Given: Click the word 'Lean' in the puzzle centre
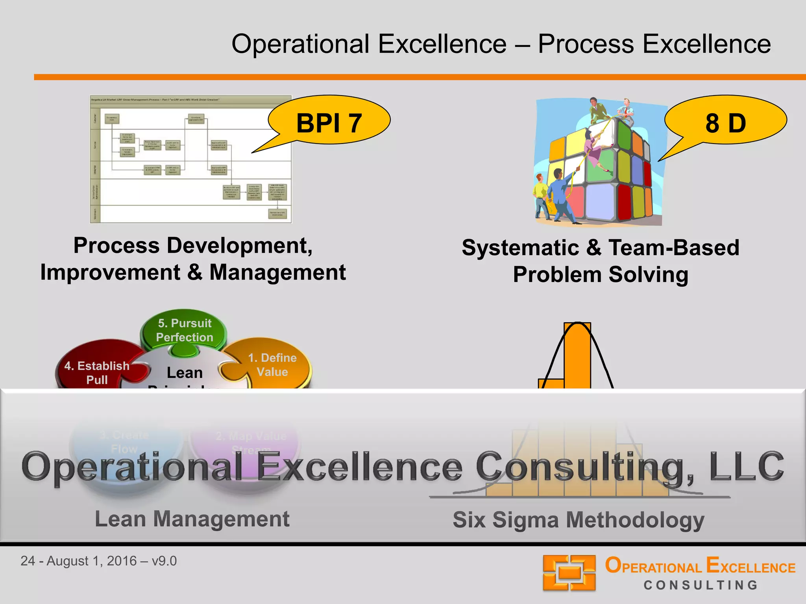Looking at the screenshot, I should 185,372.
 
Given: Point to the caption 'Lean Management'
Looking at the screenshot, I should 192,519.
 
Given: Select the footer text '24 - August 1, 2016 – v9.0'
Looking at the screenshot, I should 98,561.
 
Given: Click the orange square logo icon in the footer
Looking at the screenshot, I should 569,573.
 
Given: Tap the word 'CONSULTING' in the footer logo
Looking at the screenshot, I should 701,585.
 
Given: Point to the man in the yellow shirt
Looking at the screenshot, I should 541,197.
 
